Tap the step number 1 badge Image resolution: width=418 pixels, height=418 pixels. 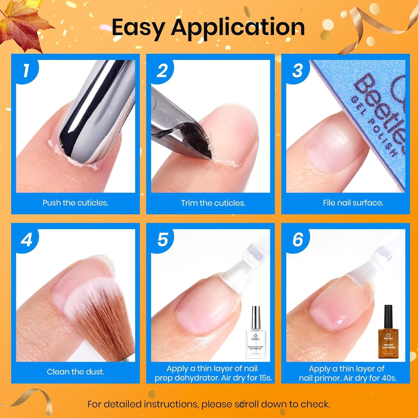click(x=26, y=71)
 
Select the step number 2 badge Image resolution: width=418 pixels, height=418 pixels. click(x=162, y=71)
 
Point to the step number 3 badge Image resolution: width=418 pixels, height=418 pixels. click(x=297, y=71)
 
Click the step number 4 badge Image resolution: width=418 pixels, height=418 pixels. click(x=27, y=240)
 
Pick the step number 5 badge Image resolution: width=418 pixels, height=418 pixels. click(x=162, y=240)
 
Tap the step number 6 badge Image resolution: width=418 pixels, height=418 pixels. click(x=298, y=240)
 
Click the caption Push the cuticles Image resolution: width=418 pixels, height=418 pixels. click(x=76, y=203)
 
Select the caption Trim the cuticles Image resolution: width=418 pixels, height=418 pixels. click(x=213, y=203)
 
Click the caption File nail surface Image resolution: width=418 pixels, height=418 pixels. click(x=353, y=203)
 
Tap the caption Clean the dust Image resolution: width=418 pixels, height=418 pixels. click(x=76, y=372)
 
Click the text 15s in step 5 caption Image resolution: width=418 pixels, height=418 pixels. click(x=265, y=378)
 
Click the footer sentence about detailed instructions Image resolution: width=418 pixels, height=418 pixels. click(x=209, y=404)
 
